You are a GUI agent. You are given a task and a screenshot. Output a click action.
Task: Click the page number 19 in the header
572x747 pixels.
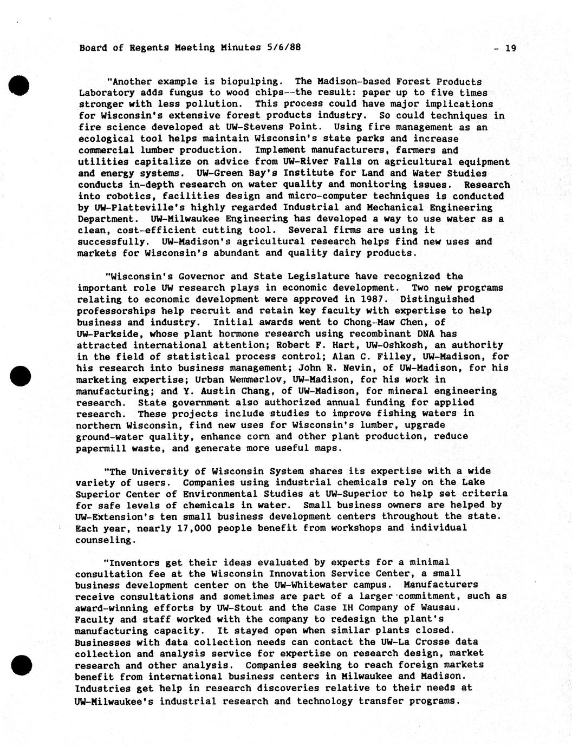510,48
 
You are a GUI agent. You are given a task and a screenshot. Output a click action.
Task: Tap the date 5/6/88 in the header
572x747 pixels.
283,47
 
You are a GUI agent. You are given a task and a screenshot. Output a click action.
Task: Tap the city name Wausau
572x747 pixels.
441,607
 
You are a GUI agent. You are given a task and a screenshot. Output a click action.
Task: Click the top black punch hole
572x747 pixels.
18,86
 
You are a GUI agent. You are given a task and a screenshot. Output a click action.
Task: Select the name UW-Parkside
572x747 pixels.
105,333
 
